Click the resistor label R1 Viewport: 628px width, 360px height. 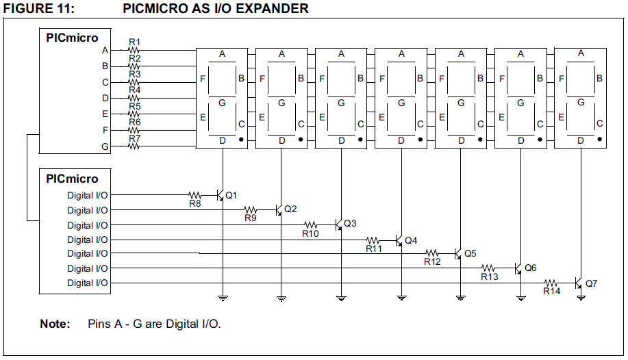[x=134, y=42]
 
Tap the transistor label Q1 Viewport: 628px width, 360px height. [x=231, y=195]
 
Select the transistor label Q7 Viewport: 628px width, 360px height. [x=592, y=283]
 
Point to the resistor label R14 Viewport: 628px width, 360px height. [x=551, y=292]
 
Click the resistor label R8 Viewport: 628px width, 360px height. [x=194, y=203]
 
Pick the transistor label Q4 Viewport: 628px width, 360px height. [x=411, y=240]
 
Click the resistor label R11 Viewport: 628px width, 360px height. [x=373, y=248]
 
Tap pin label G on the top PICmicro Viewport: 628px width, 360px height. [x=105, y=146]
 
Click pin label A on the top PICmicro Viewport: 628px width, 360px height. [x=105, y=50]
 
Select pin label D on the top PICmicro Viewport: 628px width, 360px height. [x=105, y=98]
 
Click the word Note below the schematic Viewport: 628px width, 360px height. [x=55, y=323]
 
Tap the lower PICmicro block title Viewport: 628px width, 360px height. [x=72, y=179]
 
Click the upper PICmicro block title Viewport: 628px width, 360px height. [x=72, y=38]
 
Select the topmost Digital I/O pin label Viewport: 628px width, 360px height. [x=87, y=196]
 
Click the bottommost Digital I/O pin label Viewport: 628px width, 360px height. [x=87, y=283]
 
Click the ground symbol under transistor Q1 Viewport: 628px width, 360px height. [x=223, y=297]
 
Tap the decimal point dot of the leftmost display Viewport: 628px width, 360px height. [x=242, y=139]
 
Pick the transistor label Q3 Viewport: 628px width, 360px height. [x=350, y=224]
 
